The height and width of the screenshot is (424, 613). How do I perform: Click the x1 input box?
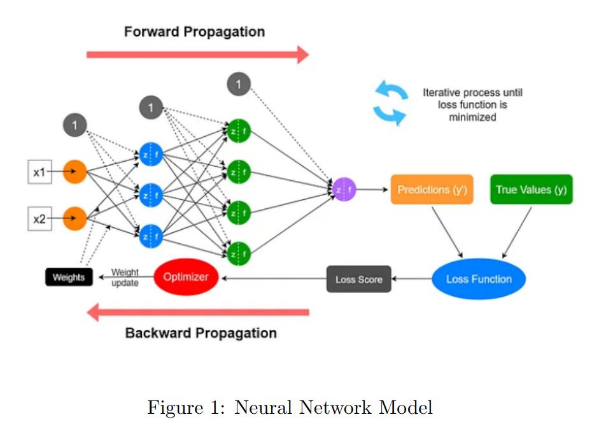click(39, 172)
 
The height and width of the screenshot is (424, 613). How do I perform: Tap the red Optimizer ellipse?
click(186, 277)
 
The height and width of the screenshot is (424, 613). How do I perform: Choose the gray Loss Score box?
click(358, 279)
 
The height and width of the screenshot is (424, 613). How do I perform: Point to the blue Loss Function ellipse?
click(479, 279)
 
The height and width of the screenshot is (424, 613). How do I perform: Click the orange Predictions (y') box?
click(432, 190)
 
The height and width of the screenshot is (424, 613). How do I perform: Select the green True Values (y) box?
click(531, 190)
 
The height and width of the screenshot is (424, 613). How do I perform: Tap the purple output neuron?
click(344, 190)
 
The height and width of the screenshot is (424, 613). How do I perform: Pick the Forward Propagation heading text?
click(194, 32)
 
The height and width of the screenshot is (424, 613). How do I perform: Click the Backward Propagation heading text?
click(201, 333)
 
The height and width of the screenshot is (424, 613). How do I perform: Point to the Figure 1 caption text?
click(290, 407)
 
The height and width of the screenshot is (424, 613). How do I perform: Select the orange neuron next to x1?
click(74, 172)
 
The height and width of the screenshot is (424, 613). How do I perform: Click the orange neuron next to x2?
click(74, 218)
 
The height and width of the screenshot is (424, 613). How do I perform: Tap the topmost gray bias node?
click(239, 84)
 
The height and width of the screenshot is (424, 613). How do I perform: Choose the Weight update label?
click(125, 278)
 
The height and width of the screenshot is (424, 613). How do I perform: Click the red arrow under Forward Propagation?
click(197, 55)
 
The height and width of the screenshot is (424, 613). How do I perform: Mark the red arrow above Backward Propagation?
click(197, 312)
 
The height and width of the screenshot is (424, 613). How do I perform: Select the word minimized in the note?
click(472, 117)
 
